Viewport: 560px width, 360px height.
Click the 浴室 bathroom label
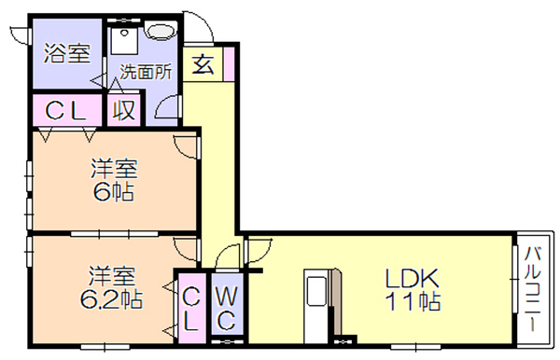[x=67, y=53]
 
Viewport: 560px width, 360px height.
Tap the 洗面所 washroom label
[x=146, y=72]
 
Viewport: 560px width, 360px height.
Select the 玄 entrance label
[x=203, y=64]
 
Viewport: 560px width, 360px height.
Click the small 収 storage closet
[x=123, y=110]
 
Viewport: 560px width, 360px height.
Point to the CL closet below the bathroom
[x=66, y=110]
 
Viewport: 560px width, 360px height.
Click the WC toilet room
[x=227, y=304]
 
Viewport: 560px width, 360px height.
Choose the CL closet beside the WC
[x=191, y=308]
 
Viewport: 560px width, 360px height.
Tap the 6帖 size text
[x=114, y=192]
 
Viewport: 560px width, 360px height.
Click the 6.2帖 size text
[x=111, y=299]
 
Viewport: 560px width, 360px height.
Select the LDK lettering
[x=412, y=278]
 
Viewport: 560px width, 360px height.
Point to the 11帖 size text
[x=413, y=301]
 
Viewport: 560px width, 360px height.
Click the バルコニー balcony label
[x=533, y=288]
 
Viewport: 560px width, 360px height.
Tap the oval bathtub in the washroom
[x=161, y=31]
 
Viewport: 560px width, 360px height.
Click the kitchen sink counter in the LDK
[x=315, y=306]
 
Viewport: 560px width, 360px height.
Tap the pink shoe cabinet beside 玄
[x=229, y=63]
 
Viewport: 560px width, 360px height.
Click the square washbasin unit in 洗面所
[x=124, y=41]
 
